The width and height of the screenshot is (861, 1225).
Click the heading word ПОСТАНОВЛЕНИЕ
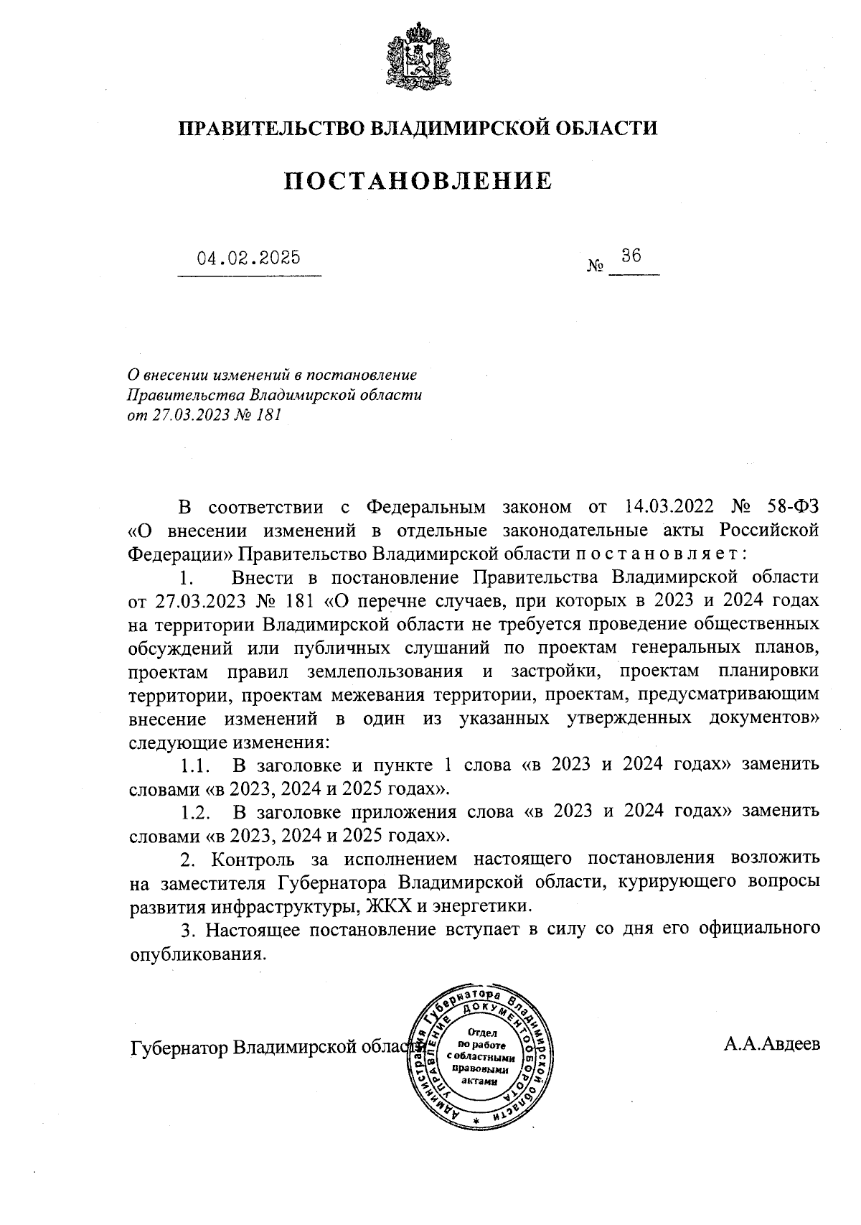tap(418, 181)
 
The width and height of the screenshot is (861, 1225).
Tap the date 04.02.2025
tap(249, 258)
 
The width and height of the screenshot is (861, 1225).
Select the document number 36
tap(631, 256)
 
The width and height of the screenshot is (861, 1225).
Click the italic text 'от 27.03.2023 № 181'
tap(204, 415)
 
